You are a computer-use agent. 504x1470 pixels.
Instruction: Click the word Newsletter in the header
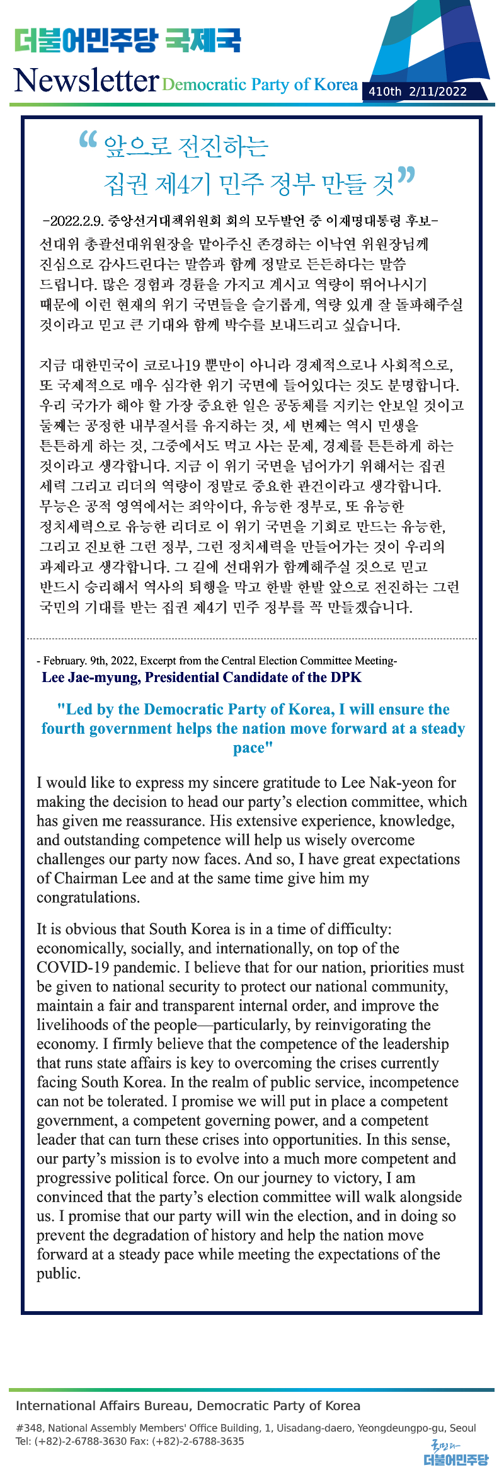coord(86,81)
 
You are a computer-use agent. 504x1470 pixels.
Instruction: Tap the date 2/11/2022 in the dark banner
coord(438,91)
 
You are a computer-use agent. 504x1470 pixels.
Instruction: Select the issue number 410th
coord(385,91)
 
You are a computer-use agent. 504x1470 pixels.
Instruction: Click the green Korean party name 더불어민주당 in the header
coord(86,41)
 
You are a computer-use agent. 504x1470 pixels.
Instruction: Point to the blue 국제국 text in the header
coord(203,41)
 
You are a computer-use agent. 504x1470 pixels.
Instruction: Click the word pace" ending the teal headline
coord(253,748)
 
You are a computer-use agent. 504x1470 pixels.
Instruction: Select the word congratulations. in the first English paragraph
coord(88,898)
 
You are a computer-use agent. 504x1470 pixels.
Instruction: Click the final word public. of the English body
coord(59,1274)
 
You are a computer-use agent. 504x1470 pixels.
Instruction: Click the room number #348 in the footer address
coord(29,1428)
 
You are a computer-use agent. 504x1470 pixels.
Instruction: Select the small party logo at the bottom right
coord(455,1452)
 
